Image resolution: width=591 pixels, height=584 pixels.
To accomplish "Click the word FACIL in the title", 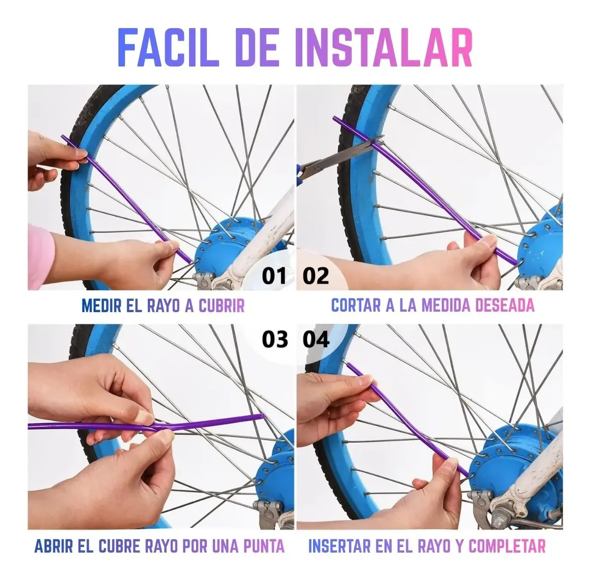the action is [169, 48].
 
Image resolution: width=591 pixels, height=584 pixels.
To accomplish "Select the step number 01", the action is [274, 276].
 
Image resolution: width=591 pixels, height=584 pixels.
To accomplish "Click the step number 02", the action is [316, 276].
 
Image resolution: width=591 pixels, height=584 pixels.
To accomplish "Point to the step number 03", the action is [275, 340].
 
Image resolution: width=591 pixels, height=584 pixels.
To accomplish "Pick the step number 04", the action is [316, 340].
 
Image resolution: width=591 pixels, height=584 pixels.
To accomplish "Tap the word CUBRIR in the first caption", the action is [222, 305].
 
